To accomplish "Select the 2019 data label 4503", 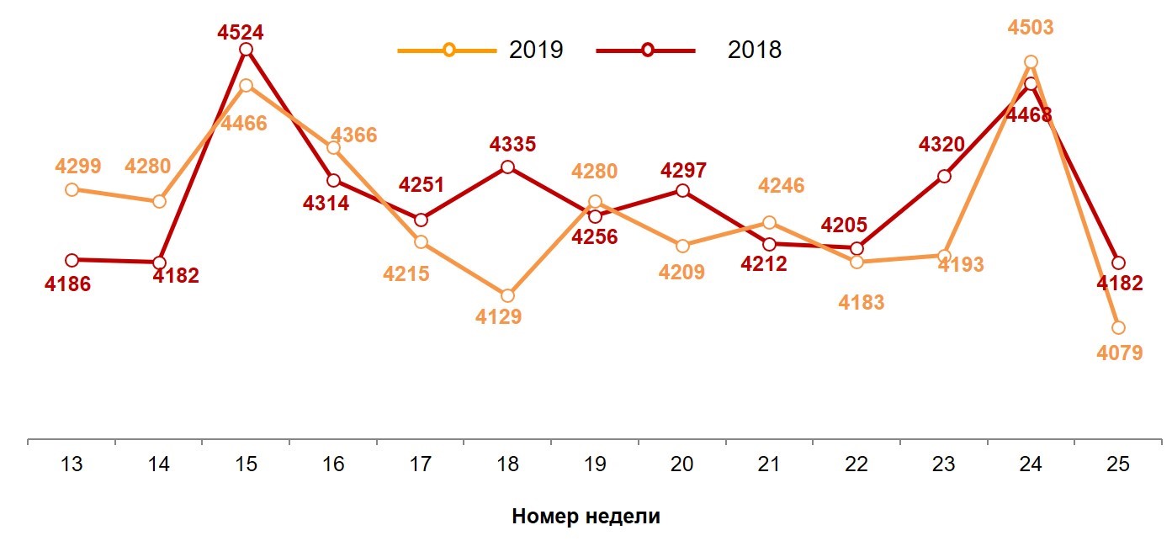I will (x=1031, y=28).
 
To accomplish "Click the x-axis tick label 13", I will (x=72, y=464).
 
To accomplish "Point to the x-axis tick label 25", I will (x=1117, y=464).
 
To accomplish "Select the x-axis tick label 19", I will (x=595, y=464).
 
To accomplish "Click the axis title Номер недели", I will (x=586, y=517).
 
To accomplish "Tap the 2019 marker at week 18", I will (x=507, y=296).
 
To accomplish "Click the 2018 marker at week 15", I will (x=247, y=50).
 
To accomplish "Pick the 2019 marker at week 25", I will (x=1118, y=327).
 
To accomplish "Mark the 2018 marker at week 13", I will (x=72, y=260).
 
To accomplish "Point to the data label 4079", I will (x=1120, y=353).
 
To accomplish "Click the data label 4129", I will (x=498, y=317).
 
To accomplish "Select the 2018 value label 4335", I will (x=513, y=145).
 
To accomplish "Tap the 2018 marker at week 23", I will (x=944, y=177).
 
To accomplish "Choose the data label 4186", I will (x=67, y=284).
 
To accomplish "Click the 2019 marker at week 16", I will (x=333, y=148).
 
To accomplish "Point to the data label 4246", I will (x=782, y=185).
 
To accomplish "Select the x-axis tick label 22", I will (x=856, y=464).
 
